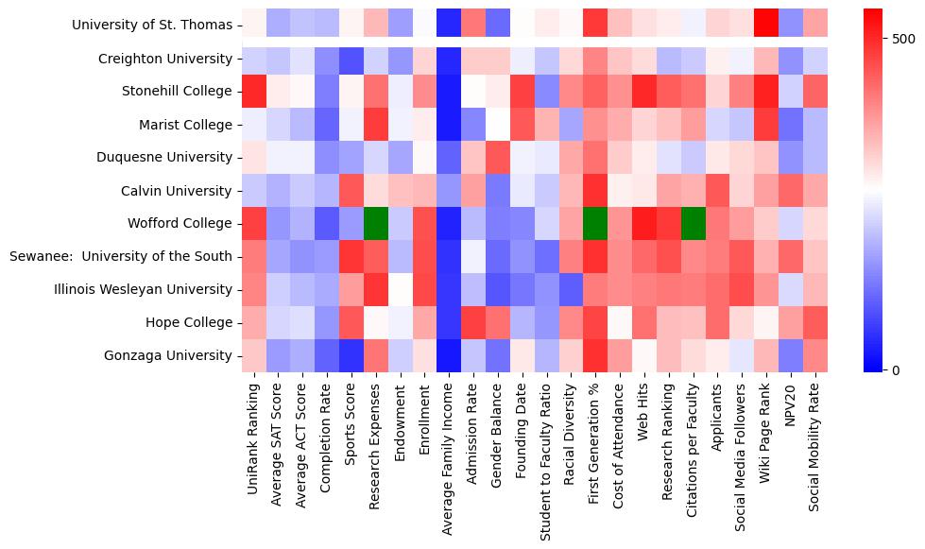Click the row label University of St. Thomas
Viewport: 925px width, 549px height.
coord(152,26)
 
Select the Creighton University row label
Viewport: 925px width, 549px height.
coord(165,59)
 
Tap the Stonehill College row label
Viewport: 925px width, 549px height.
coord(177,92)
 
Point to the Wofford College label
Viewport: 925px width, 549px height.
coord(180,223)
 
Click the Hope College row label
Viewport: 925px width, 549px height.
coord(190,322)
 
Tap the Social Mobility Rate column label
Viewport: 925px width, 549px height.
coord(816,455)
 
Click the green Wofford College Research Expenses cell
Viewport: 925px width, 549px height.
coord(376,223)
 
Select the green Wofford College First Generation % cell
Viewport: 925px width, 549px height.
coord(595,223)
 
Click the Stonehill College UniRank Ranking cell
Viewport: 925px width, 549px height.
coord(253,92)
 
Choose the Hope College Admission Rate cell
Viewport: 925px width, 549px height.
coord(473,322)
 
